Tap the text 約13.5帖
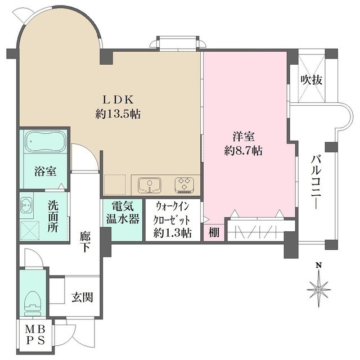(117, 114)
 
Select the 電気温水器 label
(122, 213)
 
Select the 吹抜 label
(311, 80)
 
